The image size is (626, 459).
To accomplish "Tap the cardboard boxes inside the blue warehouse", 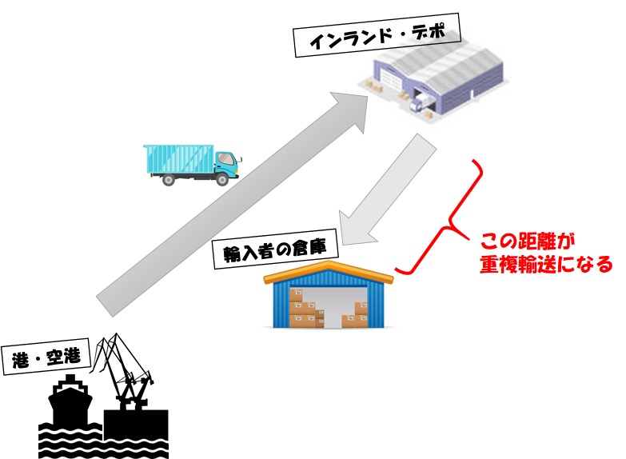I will point(308,309).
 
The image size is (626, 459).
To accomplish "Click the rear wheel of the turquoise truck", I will point(169,180).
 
